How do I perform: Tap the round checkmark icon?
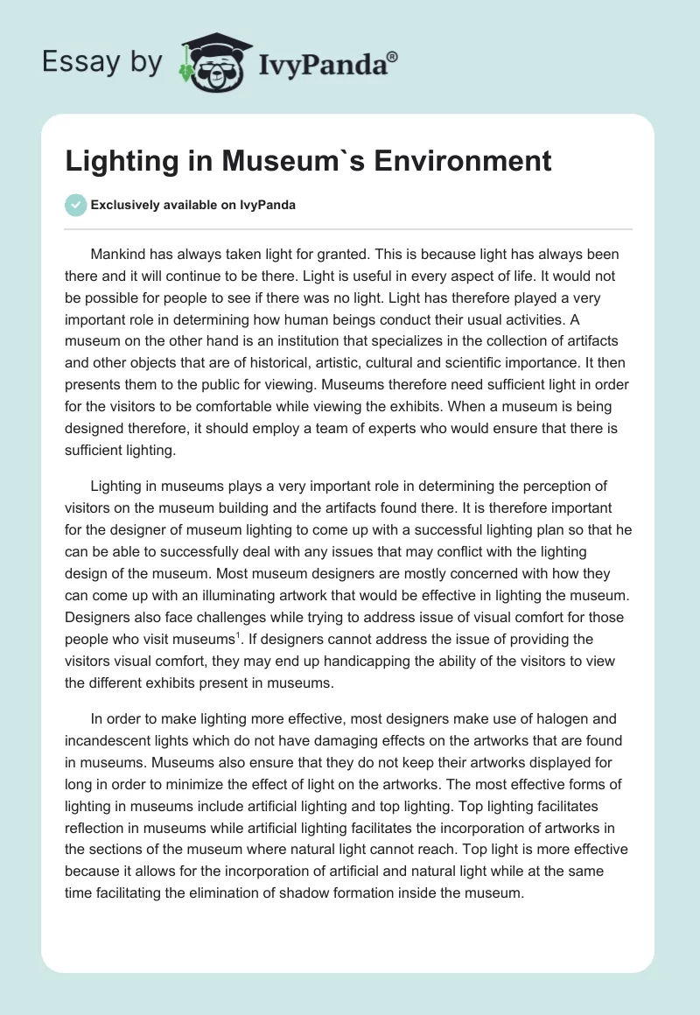coord(75,205)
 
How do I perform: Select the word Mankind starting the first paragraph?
coord(120,255)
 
